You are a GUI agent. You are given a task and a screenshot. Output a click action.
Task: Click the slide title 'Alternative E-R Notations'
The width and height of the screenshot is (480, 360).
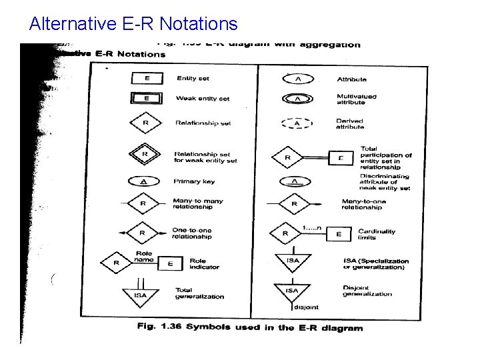pyautogui.click(x=133, y=25)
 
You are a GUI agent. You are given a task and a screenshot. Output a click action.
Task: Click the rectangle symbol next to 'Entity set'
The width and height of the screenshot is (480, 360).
pyautogui.click(x=146, y=78)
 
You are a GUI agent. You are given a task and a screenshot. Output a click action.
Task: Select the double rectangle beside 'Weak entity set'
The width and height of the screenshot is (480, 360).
pyautogui.click(x=146, y=98)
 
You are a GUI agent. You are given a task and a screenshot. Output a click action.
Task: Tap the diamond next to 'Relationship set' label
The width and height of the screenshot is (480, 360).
pyautogui.click(x=145, y=123)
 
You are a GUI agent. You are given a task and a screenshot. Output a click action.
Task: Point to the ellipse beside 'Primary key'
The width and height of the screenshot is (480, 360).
pyautogui.click(x=145, y=181)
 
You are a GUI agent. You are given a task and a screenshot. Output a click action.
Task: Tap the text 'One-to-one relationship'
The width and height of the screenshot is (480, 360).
pyautogui.click(x=192, y=233)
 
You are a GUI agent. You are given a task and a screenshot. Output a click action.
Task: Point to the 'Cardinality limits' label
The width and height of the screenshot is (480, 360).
pyautogui.click(x=377, y=235)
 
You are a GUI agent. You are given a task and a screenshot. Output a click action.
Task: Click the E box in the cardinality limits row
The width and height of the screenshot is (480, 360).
pyautogui.click(x=338, y=234)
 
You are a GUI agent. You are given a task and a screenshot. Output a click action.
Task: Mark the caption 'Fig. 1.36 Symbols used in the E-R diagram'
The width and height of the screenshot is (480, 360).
pyautogui.click(x=250, y=327)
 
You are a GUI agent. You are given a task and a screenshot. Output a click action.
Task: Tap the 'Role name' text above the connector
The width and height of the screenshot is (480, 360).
pyautogui.click(x=144, y=257)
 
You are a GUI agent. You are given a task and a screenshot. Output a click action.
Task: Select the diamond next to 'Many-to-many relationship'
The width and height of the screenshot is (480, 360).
pyautogui.click(x=144, y=203)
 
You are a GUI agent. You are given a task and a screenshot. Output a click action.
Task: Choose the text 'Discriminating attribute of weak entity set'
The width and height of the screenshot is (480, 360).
pyautogui.click(x=385, y=182)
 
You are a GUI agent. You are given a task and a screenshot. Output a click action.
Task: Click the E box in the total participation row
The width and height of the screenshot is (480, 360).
pyautogui.click(x=341, y=158)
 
